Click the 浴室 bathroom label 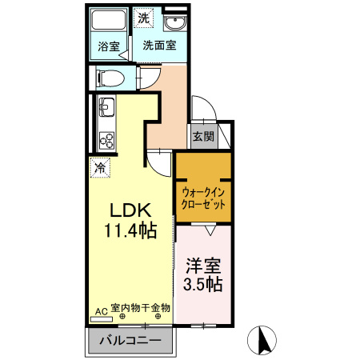[x=109, y=46]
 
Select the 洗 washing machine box [x=143, y=18]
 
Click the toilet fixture [x=110, y=78]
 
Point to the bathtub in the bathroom [x=108, y=21]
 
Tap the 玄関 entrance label [x=203, y=137]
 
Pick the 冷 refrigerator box [x=101, y=168]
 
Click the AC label [x=102, y=310]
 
